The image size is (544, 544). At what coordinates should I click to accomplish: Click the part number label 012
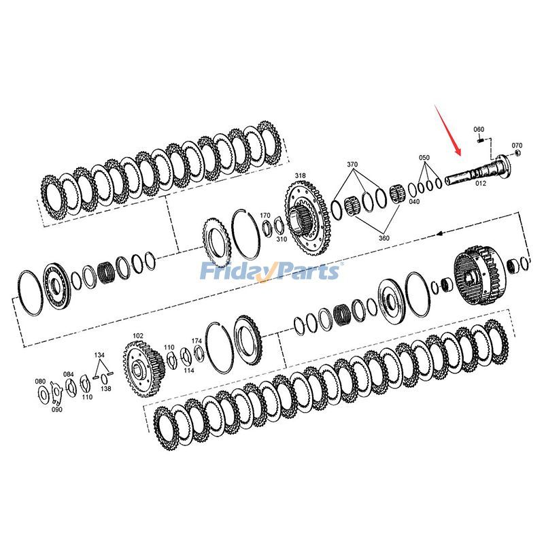pos(481,182)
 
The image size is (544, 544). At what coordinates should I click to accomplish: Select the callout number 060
pos(478,129)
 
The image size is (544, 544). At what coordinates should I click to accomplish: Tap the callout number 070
pos(517,146)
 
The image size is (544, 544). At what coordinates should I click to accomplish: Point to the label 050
pos(424,158)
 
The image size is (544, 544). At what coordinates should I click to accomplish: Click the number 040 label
pos(414,201)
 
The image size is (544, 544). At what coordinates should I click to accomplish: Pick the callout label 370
pos(352,165)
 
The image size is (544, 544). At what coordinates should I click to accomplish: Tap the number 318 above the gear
pos(300,176)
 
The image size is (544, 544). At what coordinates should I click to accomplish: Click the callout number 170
pos(265,216)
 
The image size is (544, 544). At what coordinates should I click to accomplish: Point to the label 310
pos(281,239)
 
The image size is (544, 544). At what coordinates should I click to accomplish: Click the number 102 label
pos(138,335)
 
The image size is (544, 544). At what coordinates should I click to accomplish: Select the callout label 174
pos(197,340)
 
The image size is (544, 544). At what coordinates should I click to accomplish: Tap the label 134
pos(99,355)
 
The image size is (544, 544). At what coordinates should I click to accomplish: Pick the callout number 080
pos(40,381)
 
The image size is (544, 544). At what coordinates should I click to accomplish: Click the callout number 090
pos(56,409)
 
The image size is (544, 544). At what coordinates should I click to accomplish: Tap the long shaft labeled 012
pos(476,170)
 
